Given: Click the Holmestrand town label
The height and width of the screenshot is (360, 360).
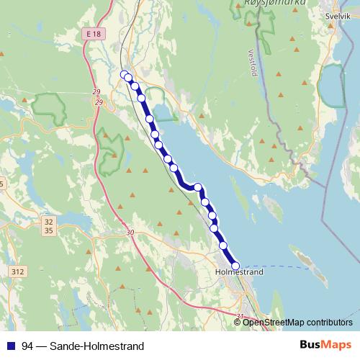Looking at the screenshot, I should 240,273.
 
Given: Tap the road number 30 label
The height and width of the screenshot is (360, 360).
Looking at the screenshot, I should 129,233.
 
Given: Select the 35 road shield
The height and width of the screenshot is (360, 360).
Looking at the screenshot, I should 48,231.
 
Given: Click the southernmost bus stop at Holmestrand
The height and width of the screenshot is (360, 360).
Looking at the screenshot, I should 235,266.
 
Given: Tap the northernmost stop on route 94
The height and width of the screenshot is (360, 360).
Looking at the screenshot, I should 123,73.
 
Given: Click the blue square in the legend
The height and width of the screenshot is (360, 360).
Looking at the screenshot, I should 10,346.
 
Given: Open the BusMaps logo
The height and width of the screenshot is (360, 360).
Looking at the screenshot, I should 325,345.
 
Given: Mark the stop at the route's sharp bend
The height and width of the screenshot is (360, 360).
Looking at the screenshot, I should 197,187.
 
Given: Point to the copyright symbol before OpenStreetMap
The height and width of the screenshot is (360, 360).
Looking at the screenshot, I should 238,322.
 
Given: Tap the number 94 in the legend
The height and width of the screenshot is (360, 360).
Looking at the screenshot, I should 27,346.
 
